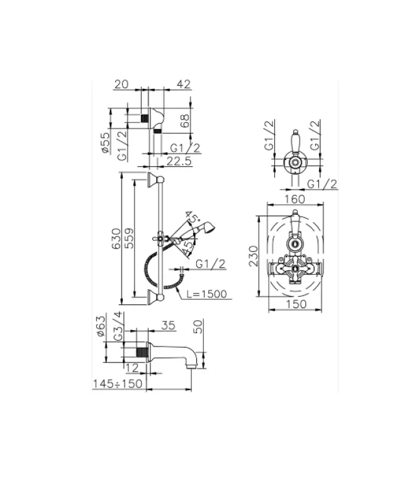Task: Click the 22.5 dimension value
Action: tap(180, 161)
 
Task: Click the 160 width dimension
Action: tap(293, 197)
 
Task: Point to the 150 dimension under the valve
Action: tap(293, 304)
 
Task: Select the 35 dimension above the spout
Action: tap(169, 326)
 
